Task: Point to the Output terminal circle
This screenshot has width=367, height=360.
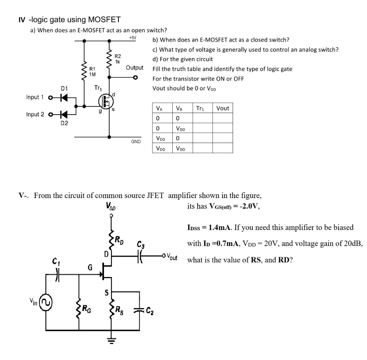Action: [135, 78]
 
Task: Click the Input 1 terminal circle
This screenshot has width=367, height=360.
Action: [50, 98]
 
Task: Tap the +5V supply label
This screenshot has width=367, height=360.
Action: [133, 38]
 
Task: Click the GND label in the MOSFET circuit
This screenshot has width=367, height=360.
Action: [136, 142]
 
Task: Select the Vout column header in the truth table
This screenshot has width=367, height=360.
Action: [222, 108]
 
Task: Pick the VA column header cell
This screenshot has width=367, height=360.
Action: [162, 108]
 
